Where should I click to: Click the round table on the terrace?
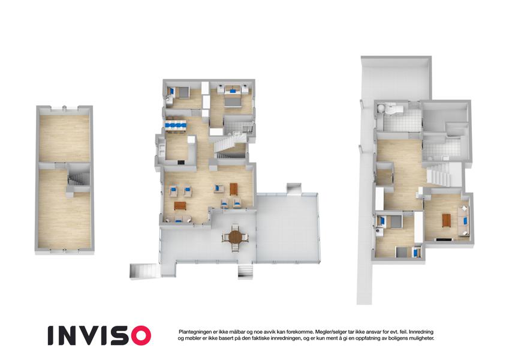(x=235, y=238)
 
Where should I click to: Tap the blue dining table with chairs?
(x=176, y=125)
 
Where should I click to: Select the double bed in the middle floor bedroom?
(x=233, y=98)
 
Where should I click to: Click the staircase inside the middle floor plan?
(x=228, y=145)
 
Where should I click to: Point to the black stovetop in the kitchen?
(x=181, y=162)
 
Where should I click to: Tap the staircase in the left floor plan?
(x=78, y=179)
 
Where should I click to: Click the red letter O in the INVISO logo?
(x=139, y=335)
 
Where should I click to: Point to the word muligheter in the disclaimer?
(x=421, y=338)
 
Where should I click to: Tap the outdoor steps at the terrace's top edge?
(x=294, y=189)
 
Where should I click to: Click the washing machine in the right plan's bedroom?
(x=379, y=232)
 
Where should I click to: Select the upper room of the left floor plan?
(x=65, y=138)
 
